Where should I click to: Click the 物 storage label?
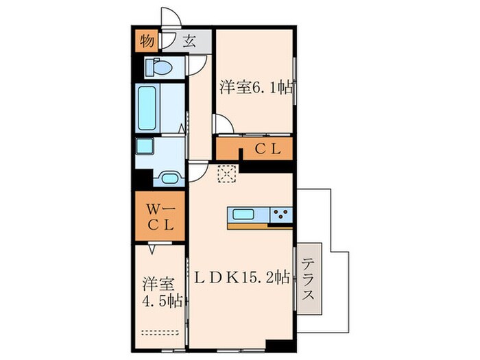pos(147,40)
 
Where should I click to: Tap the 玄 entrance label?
pos(189,40)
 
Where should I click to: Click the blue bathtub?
pos(148,108)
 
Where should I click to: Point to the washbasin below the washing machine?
pos(169,179)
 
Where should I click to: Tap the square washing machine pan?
pos(145,149)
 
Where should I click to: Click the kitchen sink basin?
pos(243,214)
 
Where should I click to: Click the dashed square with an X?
pos(226,174)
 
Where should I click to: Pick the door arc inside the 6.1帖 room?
pos(221,123)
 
